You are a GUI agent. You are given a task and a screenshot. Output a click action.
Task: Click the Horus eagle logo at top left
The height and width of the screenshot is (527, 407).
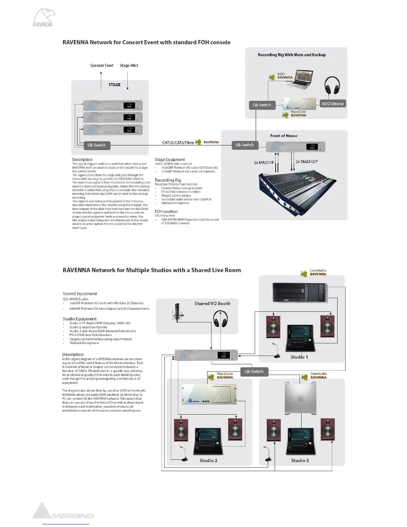(44, 17)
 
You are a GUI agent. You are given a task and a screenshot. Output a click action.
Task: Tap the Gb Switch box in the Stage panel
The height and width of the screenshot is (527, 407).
(96, 145)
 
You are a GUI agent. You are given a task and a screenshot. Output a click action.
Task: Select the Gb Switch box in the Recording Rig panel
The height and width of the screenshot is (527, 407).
(262, 105)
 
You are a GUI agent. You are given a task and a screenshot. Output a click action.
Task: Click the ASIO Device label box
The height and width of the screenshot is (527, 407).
(332, 103)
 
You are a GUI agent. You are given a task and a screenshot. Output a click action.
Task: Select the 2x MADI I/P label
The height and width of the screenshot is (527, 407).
(264, 163)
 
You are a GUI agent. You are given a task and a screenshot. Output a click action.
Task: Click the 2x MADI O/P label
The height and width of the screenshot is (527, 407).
(307, 162)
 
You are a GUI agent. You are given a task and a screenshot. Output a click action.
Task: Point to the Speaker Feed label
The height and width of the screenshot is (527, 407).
(101, 66)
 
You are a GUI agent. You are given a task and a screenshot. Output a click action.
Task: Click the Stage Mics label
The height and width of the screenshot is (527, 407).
(129, 66)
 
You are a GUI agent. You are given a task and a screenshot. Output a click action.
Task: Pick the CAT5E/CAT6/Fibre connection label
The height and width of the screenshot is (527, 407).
(178, 142)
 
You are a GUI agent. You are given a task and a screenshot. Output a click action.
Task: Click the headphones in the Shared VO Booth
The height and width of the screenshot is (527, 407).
(220, 319)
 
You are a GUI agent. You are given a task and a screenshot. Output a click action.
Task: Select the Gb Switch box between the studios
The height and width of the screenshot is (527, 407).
(254, 371)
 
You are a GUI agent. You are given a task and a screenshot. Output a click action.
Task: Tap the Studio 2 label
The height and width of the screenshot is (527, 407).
(208, 460)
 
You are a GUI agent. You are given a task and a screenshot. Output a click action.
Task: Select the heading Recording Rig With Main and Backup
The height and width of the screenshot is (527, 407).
(292, 55)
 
